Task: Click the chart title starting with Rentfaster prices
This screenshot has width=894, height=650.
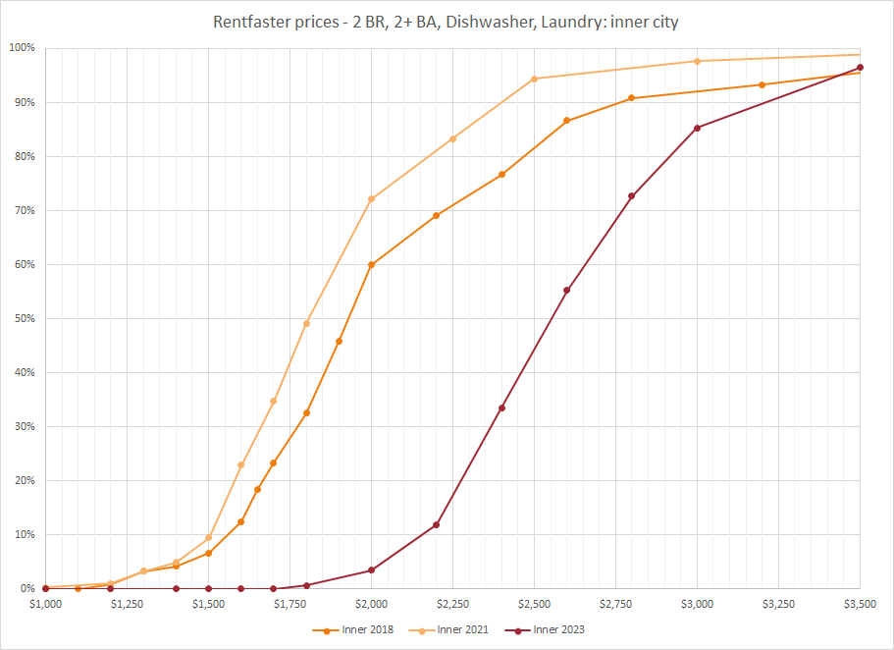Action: (x=447, y=21)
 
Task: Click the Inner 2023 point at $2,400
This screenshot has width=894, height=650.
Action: (x=501, y=407)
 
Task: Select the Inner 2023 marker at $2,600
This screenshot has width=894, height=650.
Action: (x=567, y=290)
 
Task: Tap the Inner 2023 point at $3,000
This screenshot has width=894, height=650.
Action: (x=697, y=128)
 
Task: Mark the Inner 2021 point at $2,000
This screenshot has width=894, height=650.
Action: (x=371, y=199)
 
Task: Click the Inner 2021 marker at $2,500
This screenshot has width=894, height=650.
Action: (x=534, y=79)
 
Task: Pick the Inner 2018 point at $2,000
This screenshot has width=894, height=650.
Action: (x=371, y=265)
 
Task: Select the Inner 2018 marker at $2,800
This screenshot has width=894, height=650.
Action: (x=632, y=98)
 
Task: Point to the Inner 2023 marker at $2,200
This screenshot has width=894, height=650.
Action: (x=437, y=524)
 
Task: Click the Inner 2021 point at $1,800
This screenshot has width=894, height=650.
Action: (x=306, y=323)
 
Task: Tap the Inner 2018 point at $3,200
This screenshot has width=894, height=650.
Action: (x=763, y=84)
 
